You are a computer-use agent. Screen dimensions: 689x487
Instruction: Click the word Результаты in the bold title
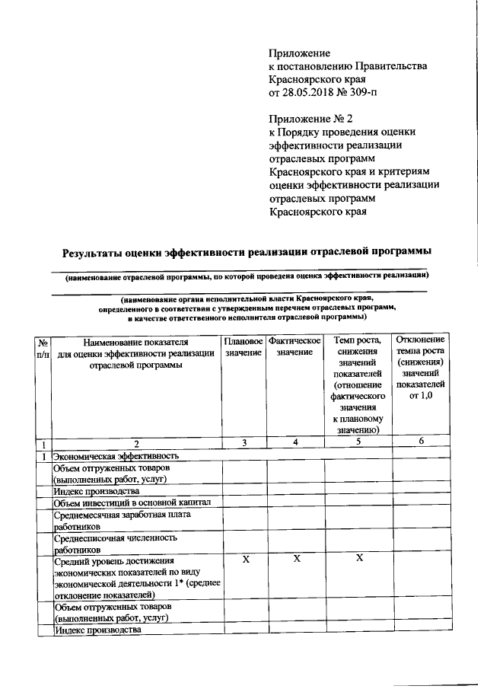(x=99, y=251)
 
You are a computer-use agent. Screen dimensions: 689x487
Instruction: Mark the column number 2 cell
(x=136, y=443)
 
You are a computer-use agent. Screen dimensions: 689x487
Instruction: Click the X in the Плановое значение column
(x=244, y=560)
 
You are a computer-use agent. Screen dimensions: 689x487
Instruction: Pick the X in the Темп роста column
(x=358, y=560)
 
